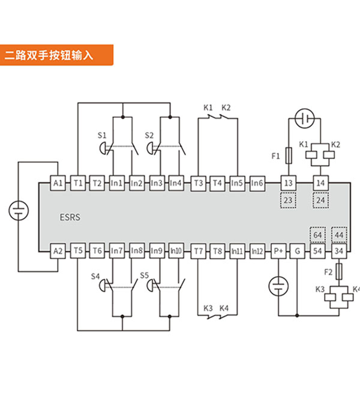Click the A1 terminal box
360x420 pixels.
(x=58, y=183)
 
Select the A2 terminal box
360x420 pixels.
(x=58, y=251)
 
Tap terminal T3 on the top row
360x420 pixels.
(x=198, y=183)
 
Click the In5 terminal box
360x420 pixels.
(x=237, y=183)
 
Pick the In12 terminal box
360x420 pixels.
(x=257, y=251)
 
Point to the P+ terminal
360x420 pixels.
(x=278, y=251)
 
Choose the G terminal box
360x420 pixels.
(x=298, y=251)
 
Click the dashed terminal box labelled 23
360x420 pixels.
(x=288, y=200)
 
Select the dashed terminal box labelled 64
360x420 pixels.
(x=317, y=235)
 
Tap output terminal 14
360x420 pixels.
(x=320, y=183)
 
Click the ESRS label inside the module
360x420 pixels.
(x=70, y=217)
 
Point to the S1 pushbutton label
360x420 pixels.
(x=102, y=135)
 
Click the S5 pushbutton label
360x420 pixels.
(x=144, y=275)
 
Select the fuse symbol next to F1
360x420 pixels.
(x=289, y=155)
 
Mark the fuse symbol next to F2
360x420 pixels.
(x=339, y=272)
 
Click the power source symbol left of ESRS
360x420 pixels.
(x=19, y=211)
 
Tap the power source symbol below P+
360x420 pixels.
(x=278, y=286)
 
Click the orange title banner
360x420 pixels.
(x=56, y=55)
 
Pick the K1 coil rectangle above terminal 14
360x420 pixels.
(x=311, y=155)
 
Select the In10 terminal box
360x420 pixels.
(x=176, y=251)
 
